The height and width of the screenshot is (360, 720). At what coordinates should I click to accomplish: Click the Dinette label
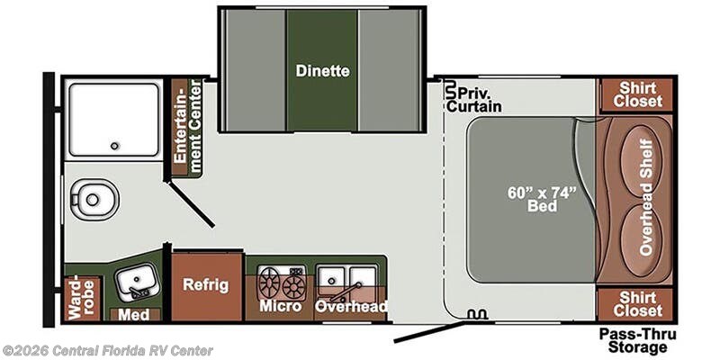321,70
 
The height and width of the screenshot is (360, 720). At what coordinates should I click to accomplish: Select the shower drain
114,146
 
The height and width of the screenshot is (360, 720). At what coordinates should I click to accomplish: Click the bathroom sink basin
137,282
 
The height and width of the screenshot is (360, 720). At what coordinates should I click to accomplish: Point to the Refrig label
206,285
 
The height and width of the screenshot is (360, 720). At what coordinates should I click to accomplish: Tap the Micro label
279,307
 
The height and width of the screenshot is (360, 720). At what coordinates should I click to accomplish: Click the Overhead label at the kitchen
351,307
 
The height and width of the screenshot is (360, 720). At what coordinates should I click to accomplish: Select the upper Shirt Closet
638,94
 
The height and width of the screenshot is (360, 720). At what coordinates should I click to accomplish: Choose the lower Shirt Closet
638,304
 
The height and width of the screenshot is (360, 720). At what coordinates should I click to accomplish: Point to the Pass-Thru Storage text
637,340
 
